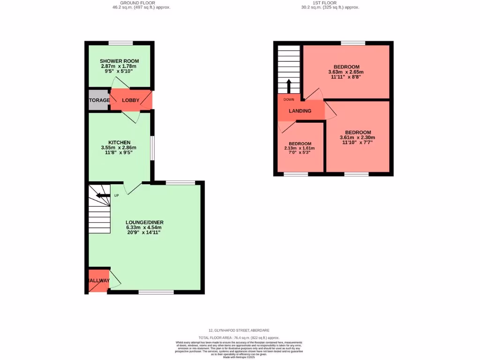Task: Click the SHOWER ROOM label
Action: [119, 61]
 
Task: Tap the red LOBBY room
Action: [130, 100]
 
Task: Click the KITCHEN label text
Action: [119, 142]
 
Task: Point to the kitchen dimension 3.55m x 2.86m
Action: [119, 148]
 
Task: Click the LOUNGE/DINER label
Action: [144, 222]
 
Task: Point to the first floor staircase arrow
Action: [288, 87]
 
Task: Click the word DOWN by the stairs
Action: [288, 99]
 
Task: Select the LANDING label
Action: [300, 111]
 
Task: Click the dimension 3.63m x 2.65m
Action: [346, 72]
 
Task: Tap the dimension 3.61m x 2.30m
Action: [358, 137]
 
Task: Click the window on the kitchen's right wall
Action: [152, 148]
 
